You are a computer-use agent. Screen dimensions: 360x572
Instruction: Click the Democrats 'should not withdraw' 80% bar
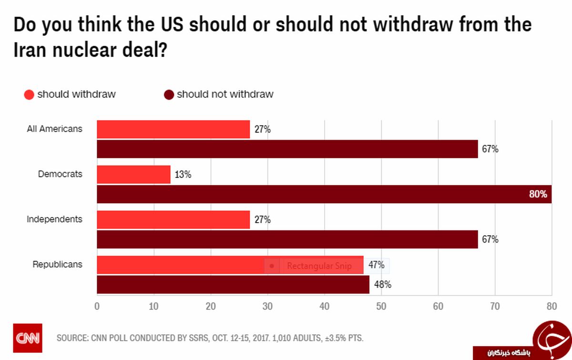(x=324, y=194)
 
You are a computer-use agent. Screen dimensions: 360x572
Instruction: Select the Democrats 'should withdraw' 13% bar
(x=133, y=175)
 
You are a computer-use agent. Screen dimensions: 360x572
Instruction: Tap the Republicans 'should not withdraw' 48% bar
(x=233, y=285)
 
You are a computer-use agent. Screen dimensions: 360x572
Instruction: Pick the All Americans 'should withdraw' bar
(x=173, y=129)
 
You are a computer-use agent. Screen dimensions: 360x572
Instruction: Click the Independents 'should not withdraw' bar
(x=287, y=239)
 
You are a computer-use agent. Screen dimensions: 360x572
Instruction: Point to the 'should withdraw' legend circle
(x=29, y=94)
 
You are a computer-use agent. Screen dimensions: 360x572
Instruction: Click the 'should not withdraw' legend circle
(x=169, y=94)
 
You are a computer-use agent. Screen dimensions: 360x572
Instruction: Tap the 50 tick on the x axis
(x=381, y=307)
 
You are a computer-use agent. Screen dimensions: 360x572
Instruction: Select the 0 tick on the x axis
(x=97, y=307)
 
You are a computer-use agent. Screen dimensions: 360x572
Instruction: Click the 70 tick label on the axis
(x=495, y=307)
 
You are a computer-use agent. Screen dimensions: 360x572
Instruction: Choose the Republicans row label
(x=57, y=265)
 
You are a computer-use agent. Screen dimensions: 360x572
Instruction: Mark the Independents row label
(x=54, y=219)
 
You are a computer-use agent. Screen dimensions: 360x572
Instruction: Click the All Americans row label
(x=54, y=129)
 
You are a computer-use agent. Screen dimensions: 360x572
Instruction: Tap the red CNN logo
(x=27, y=338)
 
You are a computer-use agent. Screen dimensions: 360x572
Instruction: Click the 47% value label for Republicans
(x=376, y=265)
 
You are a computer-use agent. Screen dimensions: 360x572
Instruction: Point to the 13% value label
(x=183, y=175)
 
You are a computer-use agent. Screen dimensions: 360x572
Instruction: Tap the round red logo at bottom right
(x=552, y=339)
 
